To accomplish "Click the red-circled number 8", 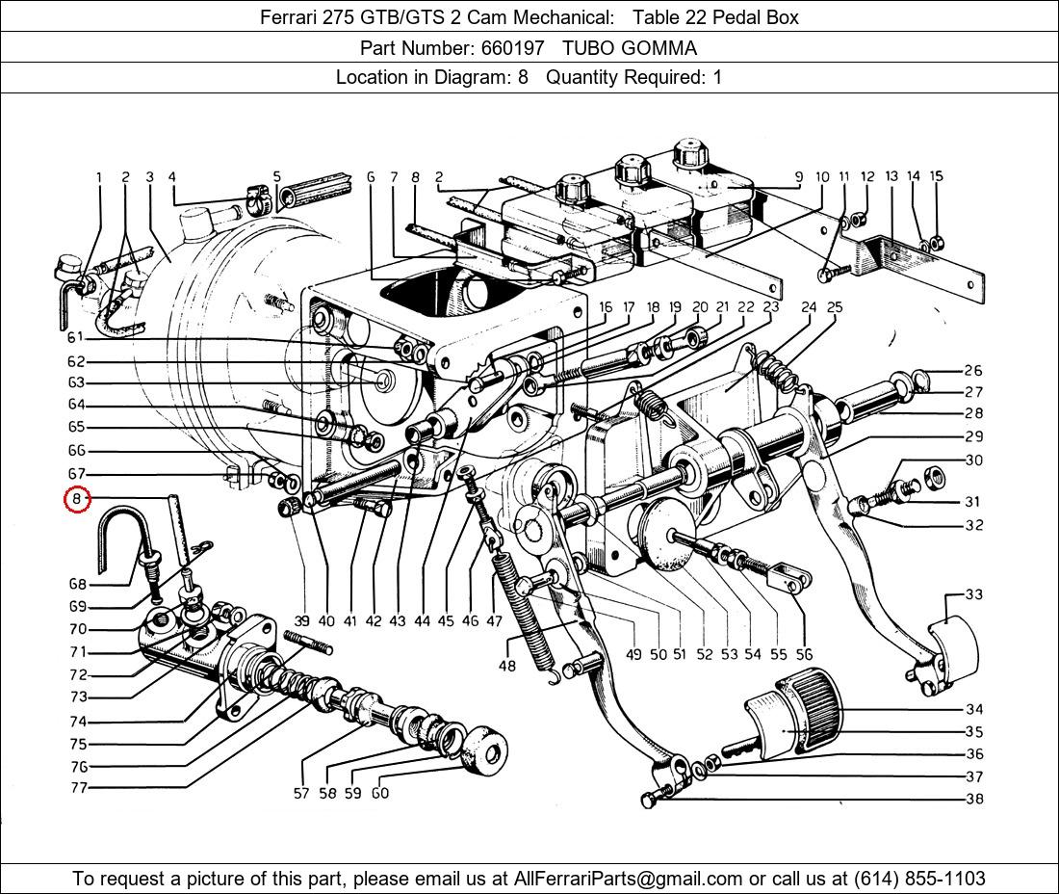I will tap(77, 500).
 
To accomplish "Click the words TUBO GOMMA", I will tap(630, 47).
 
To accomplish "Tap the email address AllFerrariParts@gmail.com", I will tap(629, 879).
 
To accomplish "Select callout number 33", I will tap(974, 594).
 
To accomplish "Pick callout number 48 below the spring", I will tap(506, 666).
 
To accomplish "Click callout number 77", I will tap(78, 788).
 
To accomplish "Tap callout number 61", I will tap(76, 337).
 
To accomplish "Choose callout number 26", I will tap(973, 371).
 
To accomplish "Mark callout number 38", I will tap(974, 799).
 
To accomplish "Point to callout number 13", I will tap(891, 176).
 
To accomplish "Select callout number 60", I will tap(380, 794).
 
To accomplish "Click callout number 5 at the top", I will tap(277, 177).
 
